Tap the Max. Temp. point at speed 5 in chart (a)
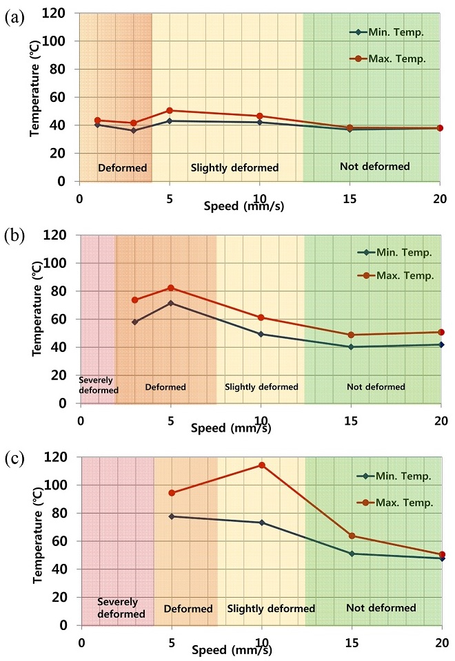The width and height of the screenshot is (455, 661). [170, 110]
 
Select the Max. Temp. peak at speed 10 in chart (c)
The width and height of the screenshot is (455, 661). [262, 465]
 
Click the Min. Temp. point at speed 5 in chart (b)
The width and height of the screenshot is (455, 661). [170, 303]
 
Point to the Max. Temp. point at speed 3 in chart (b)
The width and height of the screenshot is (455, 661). [134, 300]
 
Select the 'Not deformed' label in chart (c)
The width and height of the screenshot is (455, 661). [381, 608]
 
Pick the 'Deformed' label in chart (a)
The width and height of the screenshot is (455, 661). [116, 167]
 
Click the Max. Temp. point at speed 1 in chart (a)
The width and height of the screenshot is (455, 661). [98, 120]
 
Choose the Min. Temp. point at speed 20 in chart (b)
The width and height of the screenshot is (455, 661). [441, 344]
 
